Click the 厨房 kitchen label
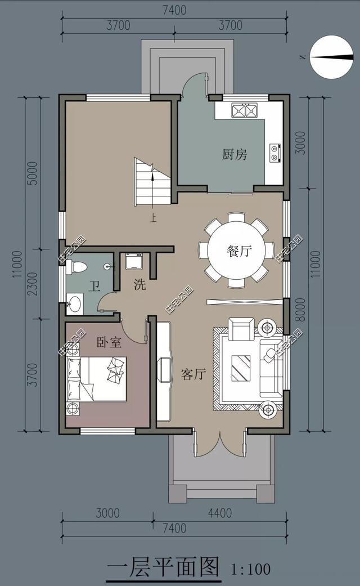235,154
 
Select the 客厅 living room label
193,374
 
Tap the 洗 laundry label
139,285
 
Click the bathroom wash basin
75,306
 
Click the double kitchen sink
244,110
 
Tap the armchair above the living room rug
241,329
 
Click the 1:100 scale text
251,569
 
